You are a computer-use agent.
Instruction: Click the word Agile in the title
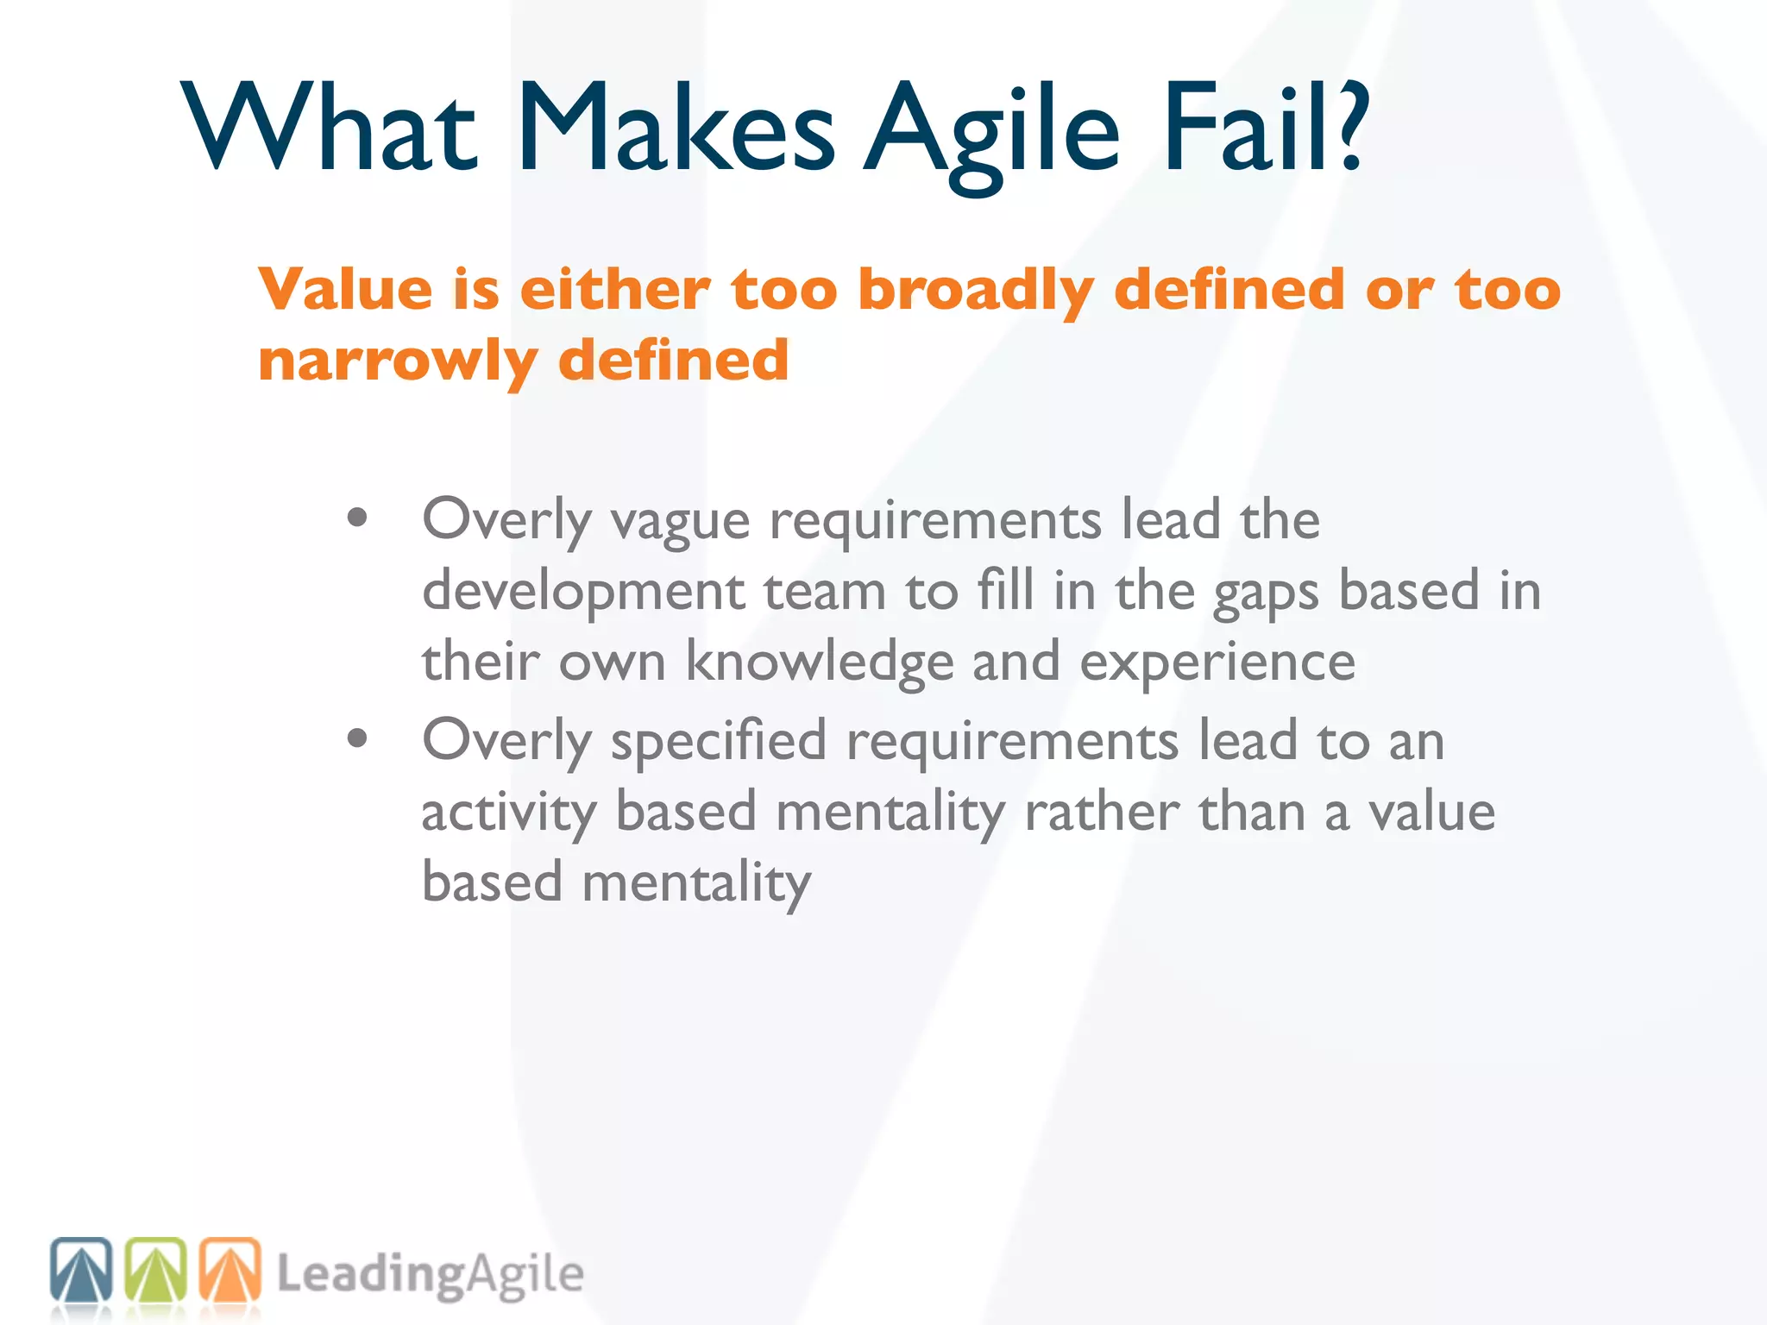(992, 129)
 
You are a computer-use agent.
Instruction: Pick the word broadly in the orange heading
(976, 291)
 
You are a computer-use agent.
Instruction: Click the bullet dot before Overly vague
(357, 518)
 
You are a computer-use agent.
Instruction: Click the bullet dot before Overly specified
(357, 738)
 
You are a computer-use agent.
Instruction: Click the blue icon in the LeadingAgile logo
(81, 1269)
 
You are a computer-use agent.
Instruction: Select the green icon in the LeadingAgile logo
(156, 1269)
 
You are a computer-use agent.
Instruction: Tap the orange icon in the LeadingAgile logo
(230, 1269)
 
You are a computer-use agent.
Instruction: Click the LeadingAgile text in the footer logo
(431, 1276)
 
